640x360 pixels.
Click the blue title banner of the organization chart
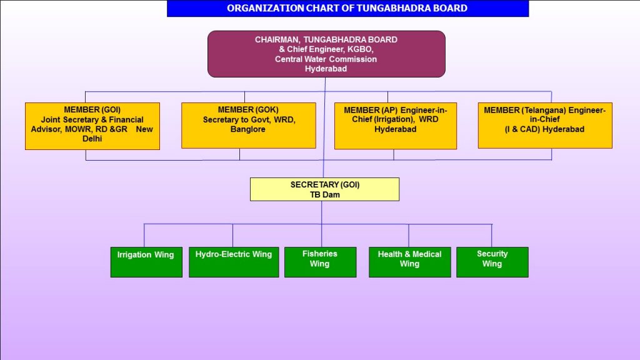click(x=347, y=9)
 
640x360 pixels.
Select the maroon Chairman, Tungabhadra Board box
click(x=326, y=54)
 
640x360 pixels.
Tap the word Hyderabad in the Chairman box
click(x=326, y=69)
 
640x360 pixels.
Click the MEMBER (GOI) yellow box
click(x=92, y=126)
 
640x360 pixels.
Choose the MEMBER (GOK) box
click(x=248, y=125)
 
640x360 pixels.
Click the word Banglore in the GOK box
click(x=247, y=129)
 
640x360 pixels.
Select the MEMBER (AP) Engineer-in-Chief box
click(x=395, y=126)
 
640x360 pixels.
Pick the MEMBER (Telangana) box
click(x=544, y=125)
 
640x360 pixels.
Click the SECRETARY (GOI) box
click(x=324, y=189)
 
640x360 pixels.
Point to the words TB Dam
click(x=325, y=194)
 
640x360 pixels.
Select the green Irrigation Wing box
click(x=146, y=262)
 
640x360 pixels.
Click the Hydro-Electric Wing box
click(x=234, y=262)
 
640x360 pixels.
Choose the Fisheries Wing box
click(x=320, y=262)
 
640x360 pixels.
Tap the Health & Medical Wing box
click(x=409, y=262)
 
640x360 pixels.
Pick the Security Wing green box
click(x=492, y=262)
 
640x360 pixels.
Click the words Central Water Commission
click(x=326, y=59)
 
